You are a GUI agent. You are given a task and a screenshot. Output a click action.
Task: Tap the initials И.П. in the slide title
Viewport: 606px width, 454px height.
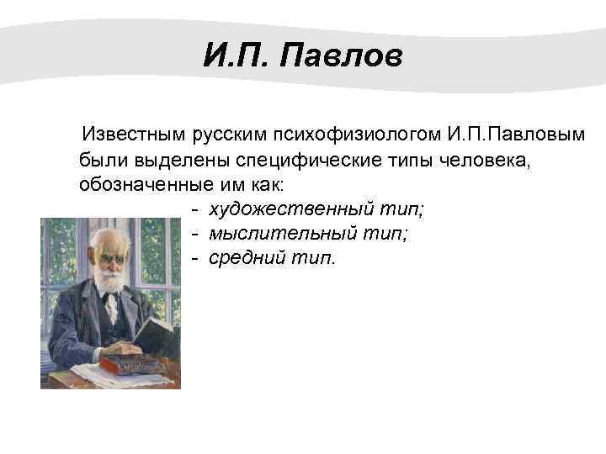pyautogui.click(x=237, y=58)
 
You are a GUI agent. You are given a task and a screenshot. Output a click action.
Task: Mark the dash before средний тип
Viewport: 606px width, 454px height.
pyautogui.click(x=194, y=258)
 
